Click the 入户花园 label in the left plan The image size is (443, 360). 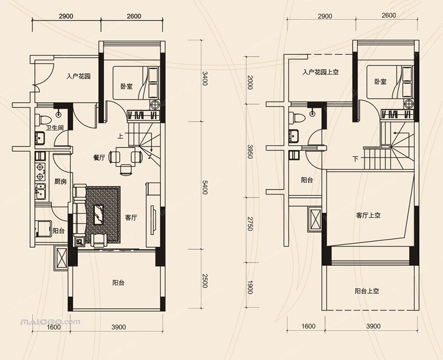[79, 76]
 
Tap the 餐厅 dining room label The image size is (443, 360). [99, 158]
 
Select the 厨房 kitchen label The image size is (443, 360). [60, 182]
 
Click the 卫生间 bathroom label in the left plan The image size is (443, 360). [54, 128]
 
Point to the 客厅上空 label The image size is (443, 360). [368, 215]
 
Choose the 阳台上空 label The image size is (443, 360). [367, 291]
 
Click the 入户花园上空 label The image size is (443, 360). [321, 72]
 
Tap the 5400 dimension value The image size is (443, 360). [205, 185]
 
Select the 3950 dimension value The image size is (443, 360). [250, 151]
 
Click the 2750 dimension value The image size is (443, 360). [250, 224]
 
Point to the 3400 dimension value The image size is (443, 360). [205, 79]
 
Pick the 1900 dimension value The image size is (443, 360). [250, 287]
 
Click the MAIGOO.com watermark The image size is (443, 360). [50, 322]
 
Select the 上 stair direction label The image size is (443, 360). [120, 136]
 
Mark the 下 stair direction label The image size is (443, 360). [356, 159]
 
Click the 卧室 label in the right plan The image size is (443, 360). [380, 82]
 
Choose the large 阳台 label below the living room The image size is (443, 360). [119, 282]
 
